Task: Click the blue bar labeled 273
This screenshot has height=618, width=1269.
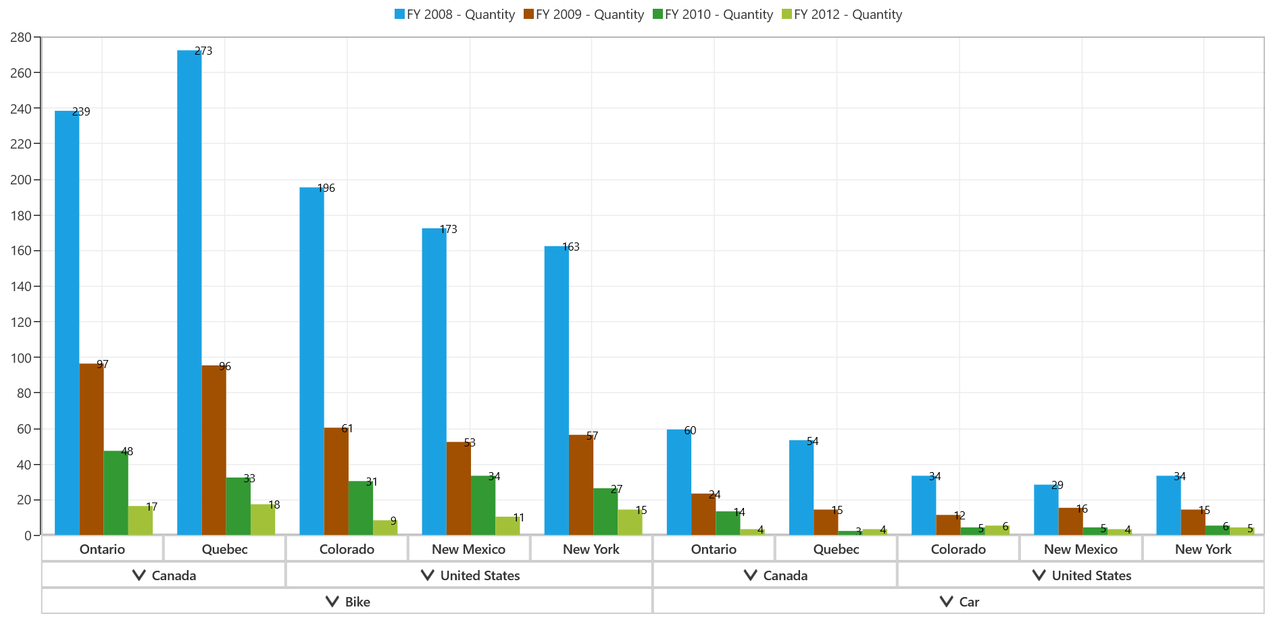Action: click(189, 292)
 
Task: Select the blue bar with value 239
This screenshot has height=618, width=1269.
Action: click(67, 323)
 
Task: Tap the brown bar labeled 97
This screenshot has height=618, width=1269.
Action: click(91, 449)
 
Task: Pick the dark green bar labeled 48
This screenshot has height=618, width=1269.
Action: click(116, 493)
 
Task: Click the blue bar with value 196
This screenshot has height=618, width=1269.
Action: click(312, 361)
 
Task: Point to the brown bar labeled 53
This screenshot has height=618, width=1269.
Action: click(459, 488)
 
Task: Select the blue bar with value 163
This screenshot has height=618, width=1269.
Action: click(557, 390)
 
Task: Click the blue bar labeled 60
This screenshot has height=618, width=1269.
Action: click(679, 482)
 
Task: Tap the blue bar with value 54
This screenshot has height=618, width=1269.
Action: click(801, 488)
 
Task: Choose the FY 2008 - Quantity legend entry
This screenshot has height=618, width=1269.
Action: click(455, 14)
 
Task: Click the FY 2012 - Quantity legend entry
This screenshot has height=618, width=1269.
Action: click(842, 14)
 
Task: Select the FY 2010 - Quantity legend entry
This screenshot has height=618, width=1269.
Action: click(713, 14)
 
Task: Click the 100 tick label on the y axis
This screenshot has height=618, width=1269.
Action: click(21, 358)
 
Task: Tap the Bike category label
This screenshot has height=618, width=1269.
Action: click(357, 602)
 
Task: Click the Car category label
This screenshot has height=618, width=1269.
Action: click(969, 602)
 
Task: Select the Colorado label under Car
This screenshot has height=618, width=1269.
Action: click(958, 549)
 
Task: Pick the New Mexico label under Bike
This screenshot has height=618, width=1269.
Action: click(468, 549)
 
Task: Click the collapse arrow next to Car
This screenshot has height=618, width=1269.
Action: click(947, 601)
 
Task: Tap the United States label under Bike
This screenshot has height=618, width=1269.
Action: click(480, 575)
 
